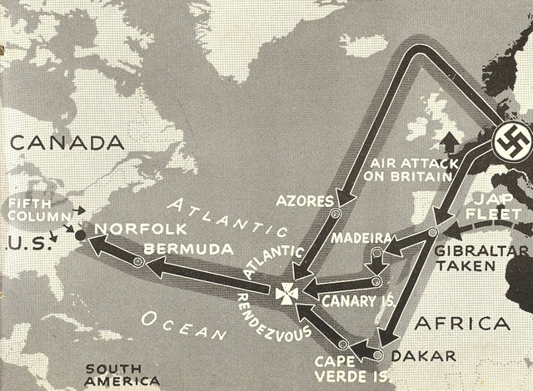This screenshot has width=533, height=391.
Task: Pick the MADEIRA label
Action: pos(361,238)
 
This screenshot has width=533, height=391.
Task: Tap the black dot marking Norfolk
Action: pos(80,235)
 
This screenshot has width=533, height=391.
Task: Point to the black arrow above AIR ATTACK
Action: pos(451,141)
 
